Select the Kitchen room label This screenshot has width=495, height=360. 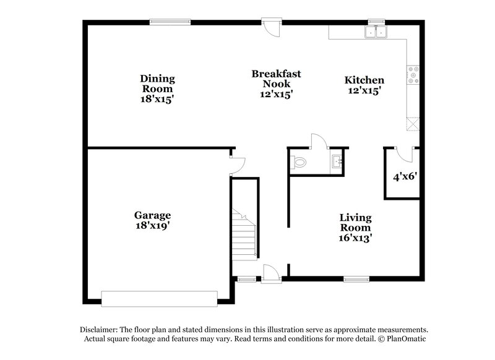(364, 80)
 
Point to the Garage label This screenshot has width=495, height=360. (152, 215)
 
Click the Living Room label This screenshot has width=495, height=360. (355, 223)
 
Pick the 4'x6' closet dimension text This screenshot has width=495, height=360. (405, 176)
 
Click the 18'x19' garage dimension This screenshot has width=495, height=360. (152, 226)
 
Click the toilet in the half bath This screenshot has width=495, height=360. (299, 163)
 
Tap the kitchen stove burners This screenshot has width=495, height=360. (412, 75)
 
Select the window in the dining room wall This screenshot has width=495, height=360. (169, 23)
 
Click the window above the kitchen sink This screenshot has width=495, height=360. (376, 22)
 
